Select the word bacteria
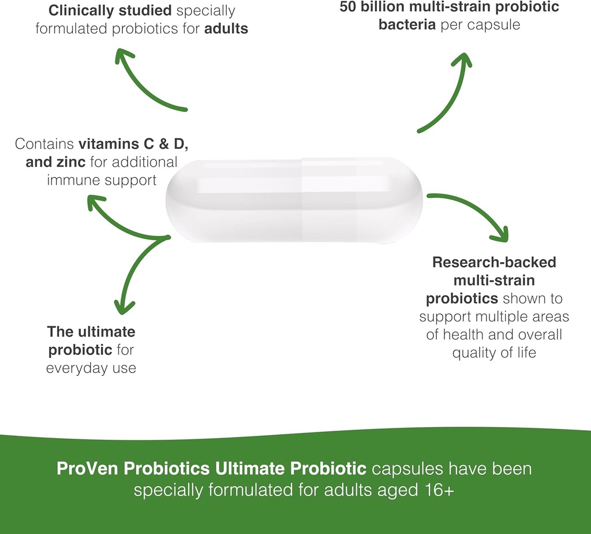(407, 25)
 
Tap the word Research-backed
(494, 262)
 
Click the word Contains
(44, 144)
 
